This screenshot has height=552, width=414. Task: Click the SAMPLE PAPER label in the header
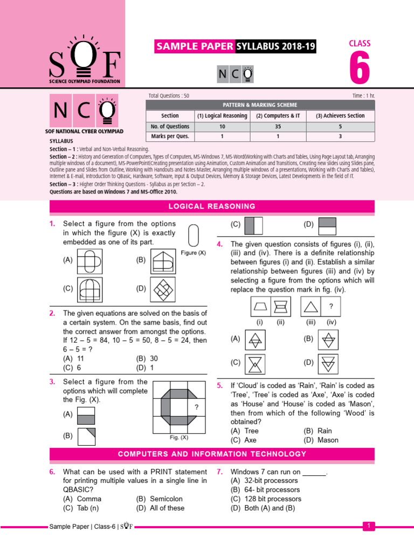point(195,47)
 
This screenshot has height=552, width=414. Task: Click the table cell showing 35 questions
point(278,126)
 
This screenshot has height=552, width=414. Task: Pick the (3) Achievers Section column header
point(340,115)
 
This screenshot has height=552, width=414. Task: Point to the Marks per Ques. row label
point(170,136)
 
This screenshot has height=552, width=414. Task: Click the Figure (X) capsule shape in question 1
point(194,236)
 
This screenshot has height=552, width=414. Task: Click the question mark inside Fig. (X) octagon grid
point(197,407)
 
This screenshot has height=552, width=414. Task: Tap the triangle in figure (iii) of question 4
point(311,308)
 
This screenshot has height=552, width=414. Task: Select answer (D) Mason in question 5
point(321,440)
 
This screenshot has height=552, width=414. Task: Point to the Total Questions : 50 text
point(169,95)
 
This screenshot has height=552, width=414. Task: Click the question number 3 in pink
point(52,382)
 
